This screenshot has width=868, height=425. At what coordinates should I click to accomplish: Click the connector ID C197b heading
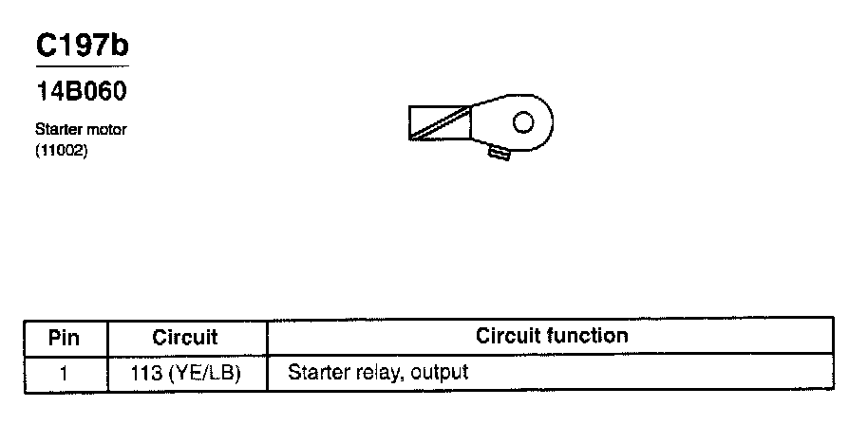81,46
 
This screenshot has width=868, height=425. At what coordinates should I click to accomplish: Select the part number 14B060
81,93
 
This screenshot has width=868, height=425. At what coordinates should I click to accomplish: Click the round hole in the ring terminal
522,121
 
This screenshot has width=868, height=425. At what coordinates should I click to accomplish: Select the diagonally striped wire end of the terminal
440,123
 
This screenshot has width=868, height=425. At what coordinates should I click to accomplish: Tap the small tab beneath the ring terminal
499,152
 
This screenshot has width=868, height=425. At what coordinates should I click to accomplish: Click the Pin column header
65,337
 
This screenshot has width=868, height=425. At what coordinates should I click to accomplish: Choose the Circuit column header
185,337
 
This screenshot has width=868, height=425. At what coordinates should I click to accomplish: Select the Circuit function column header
551,336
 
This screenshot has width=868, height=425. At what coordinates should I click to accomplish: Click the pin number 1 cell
65,373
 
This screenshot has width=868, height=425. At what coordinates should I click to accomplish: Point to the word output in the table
440,373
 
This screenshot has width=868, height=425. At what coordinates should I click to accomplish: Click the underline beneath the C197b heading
81,66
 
